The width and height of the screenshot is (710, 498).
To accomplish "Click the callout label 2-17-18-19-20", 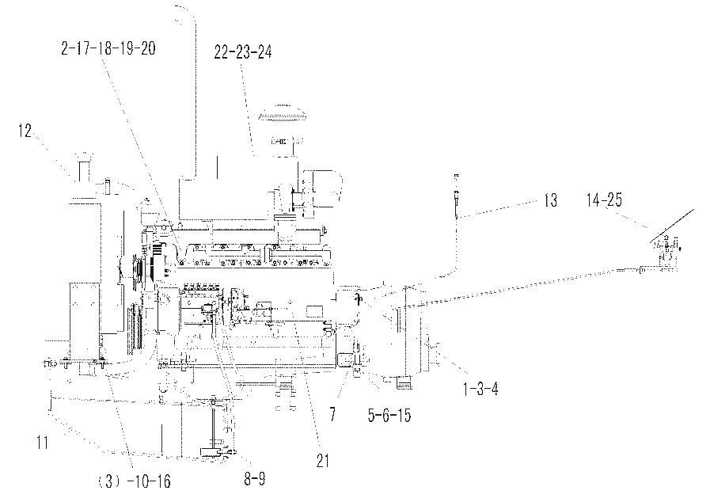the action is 108,48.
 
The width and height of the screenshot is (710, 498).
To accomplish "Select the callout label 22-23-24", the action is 243,52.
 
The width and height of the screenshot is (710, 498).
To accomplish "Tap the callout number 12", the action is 25,131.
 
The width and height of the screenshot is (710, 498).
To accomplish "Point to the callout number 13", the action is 550,200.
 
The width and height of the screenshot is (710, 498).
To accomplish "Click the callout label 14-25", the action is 605,200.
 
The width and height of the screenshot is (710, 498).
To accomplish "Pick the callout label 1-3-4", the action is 480,389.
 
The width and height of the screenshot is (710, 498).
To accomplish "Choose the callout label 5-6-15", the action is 389,415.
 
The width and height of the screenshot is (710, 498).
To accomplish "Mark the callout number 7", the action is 332,414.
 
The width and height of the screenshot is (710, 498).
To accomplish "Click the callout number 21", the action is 322,461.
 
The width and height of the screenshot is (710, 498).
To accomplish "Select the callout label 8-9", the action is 255,478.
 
